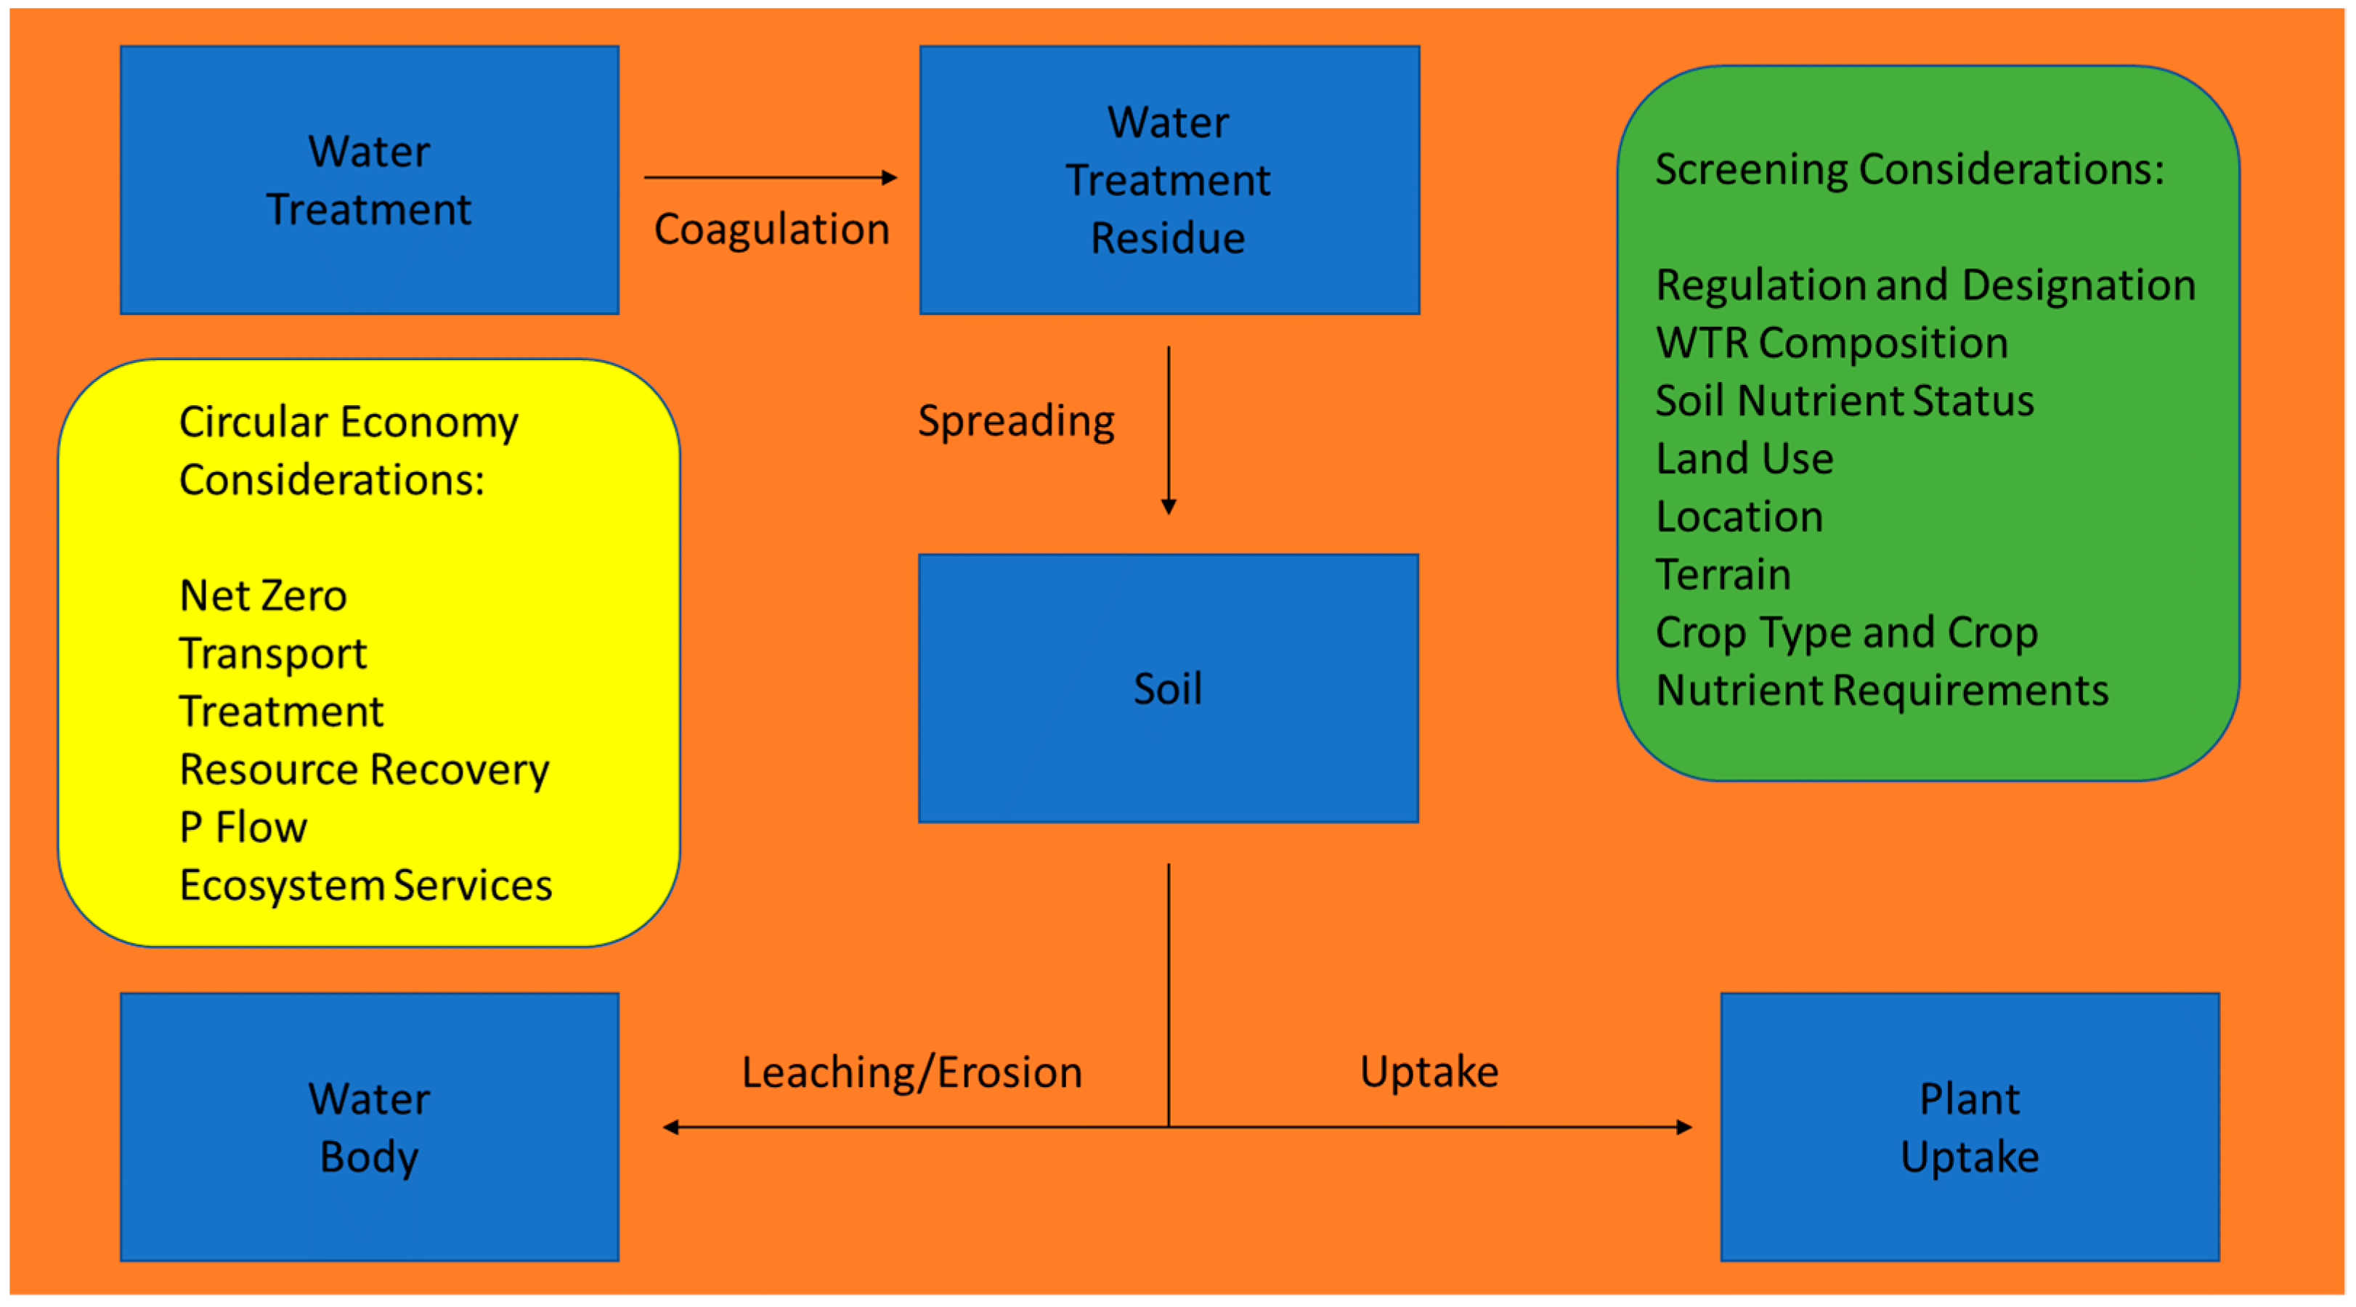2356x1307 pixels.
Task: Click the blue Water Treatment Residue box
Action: click(x=1169, y=180)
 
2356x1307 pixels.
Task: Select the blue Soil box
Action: click(x=1168, y=688)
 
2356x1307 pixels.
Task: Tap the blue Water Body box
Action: click(x=370, y=1126)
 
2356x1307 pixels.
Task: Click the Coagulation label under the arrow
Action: click(x=771, y=229)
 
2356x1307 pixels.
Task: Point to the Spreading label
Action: click(x=1016, y=420)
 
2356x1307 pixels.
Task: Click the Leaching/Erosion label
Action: click(x=912, y=1072)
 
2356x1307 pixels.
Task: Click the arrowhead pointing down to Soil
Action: click(x=1168, y=506)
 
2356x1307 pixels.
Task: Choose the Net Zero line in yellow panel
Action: click(x=264, y=595)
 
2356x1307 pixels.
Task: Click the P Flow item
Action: click(x=243, y=827)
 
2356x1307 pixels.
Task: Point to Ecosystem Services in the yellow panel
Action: click(x=366, y=885)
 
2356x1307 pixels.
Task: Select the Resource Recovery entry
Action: click(x=364, y=769)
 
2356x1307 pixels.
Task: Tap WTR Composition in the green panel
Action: click(x=1832, y=343)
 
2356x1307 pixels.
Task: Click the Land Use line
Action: click(x=1744, y=458)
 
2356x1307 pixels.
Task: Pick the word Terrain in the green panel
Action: click(x=1723, y=574)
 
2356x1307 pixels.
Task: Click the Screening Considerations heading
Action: click(x=1909, y=169)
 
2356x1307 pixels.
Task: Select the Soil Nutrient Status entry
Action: click(x=1845, y=401)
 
